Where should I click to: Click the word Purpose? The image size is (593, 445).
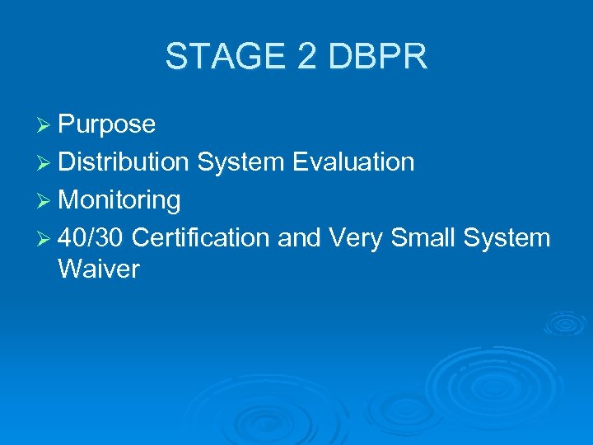tap(107, 124)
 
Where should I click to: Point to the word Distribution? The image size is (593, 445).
tap(124, 162)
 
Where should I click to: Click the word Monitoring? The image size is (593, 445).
tap(119, 200)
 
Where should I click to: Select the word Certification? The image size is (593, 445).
tap(200, 238)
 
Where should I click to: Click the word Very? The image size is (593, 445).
tap(355, 238)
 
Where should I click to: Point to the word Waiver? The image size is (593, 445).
tap(99, 269)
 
